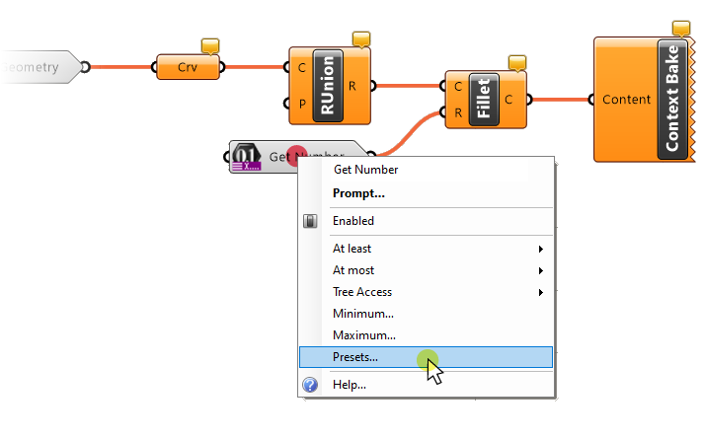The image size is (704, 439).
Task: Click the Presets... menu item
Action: tap(355, 357)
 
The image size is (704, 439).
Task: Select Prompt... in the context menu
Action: tap(358, 193)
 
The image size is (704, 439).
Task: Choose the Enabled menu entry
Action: tap(353, 221)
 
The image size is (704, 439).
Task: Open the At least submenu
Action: tap(352, 249)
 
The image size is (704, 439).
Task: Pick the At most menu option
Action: tap(353, 270)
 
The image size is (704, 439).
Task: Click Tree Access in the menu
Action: tap(362, 292)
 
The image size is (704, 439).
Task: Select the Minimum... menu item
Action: tap(363, 314)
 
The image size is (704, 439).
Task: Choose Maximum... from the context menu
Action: tap(364, 335)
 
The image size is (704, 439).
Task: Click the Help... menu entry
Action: tap(350, 385)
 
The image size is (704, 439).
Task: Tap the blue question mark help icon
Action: tap(310, 385)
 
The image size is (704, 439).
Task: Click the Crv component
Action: tap(188, 67)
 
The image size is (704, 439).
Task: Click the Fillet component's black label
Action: tap(484, 100)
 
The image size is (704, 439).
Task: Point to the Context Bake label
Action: tap(672, 99)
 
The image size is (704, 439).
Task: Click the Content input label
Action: tap(626, 99)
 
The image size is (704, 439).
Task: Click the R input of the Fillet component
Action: tap(458, 112)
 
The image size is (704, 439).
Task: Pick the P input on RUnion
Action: tap(300, 104)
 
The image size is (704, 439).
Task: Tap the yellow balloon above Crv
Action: tap(209, 45)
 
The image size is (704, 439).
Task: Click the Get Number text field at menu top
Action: tap(366, 170)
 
